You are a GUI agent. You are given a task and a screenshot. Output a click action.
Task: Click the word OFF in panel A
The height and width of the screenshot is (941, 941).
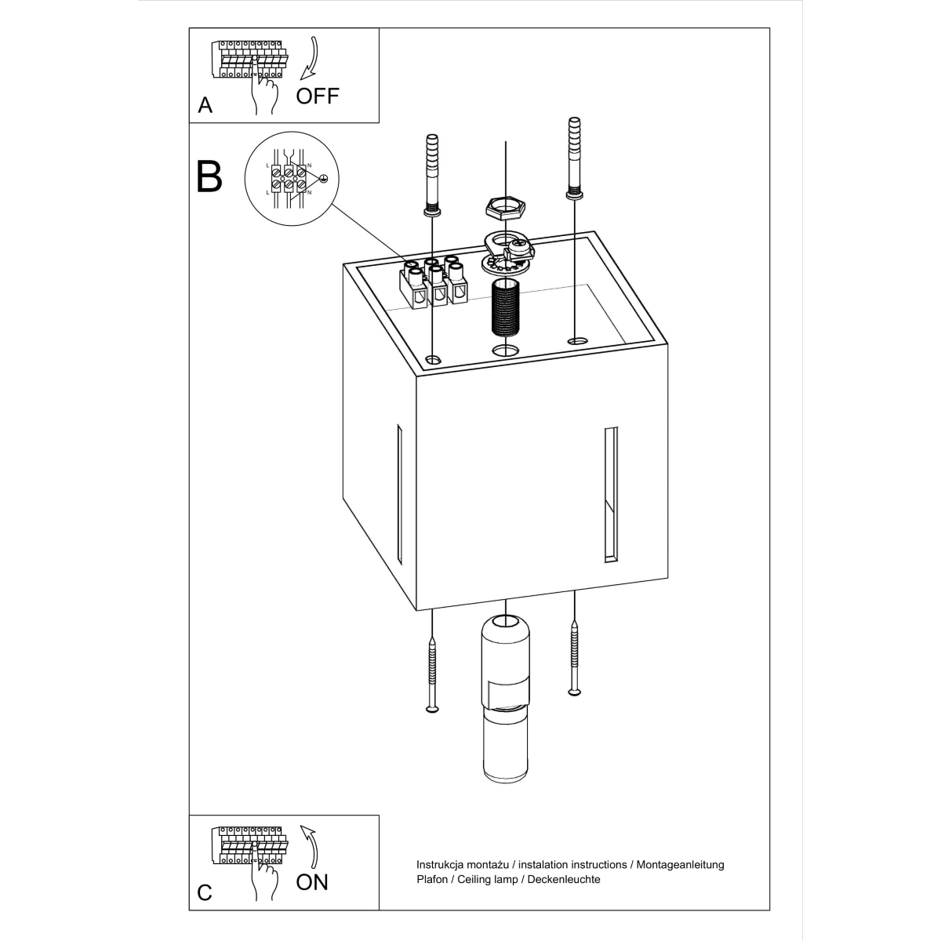coord(317,96)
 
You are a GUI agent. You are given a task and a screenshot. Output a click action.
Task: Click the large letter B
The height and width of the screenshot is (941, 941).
coord(209,176)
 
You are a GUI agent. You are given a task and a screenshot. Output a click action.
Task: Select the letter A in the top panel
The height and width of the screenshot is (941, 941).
coord(205,106)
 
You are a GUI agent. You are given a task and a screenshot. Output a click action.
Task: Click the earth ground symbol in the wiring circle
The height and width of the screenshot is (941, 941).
coord(323,179)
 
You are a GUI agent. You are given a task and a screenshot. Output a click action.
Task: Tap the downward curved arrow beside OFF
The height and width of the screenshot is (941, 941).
coord(309,57)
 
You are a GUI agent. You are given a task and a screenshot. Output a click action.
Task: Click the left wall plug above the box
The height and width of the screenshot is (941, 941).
coord(432,175)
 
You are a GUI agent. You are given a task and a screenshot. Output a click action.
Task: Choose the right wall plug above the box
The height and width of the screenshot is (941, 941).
coord(575,158)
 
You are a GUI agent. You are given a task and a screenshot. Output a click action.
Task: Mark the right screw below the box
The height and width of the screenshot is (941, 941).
coord(575,657)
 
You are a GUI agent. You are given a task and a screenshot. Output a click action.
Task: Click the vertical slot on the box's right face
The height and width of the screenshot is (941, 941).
coord(611,495)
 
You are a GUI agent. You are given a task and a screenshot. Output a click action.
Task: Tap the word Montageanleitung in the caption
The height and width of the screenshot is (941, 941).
coord(680,864)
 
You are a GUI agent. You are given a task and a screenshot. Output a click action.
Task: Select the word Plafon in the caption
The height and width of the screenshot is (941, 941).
coord(432,880)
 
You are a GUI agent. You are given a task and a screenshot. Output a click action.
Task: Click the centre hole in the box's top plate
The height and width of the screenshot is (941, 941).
coord(506,350)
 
